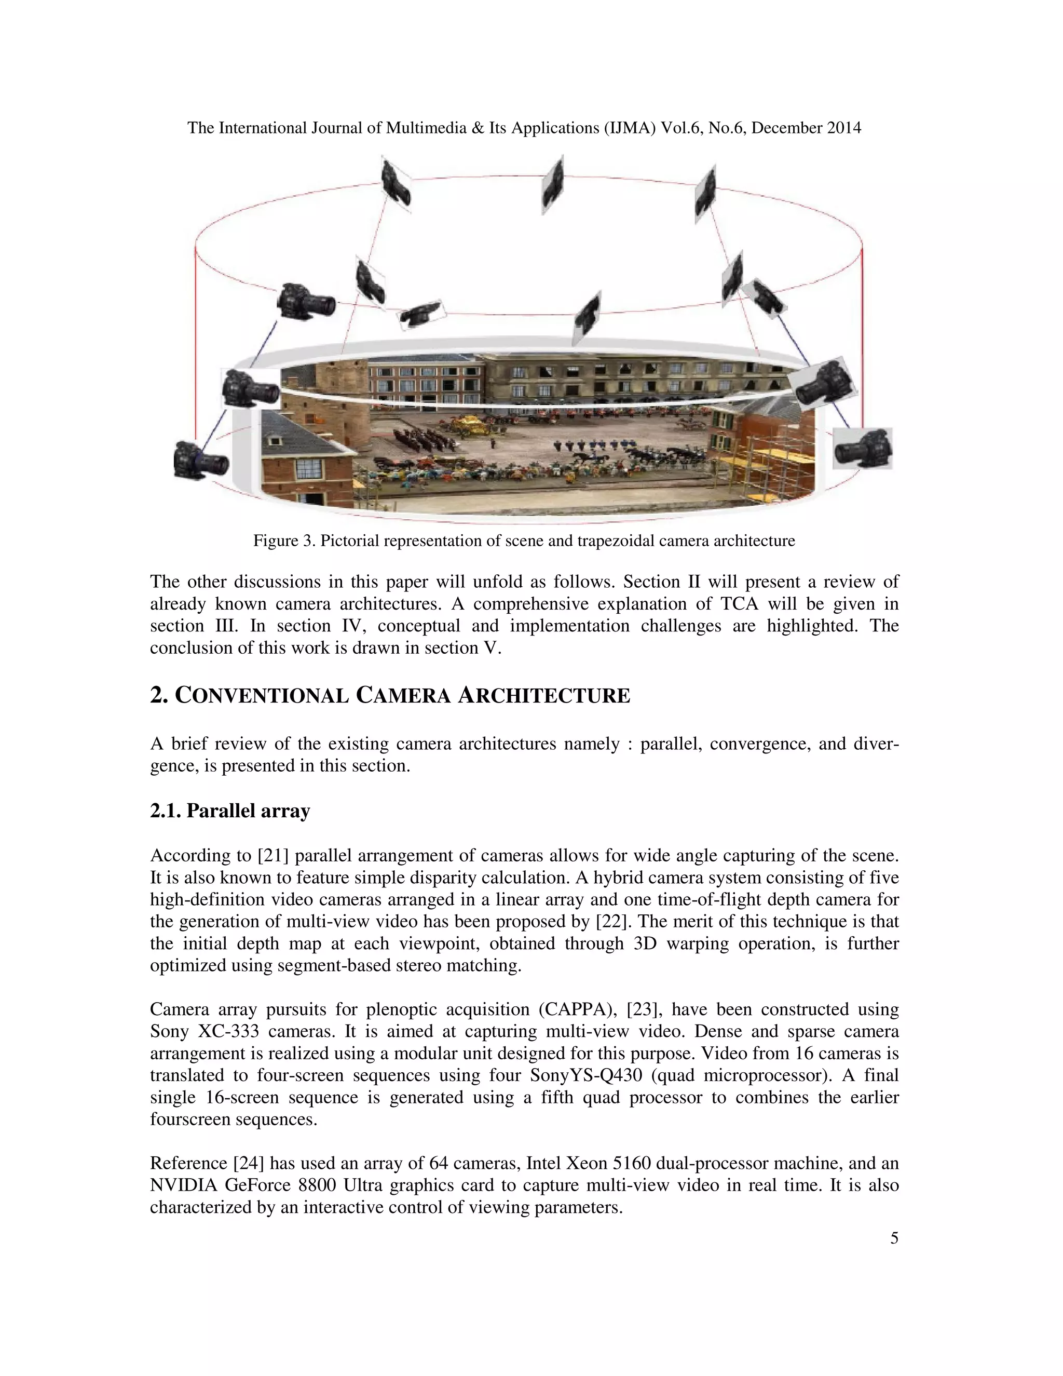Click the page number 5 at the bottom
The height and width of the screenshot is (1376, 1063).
pos(894,1238)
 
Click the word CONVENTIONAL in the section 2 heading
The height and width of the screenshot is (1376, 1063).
pos(262,696)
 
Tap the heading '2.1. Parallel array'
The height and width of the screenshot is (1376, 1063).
pos(230,810)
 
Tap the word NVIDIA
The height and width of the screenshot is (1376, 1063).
pos(183,1185)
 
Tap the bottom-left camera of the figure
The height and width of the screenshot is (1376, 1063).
pos(200,460)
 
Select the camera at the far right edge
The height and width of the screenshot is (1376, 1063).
pos(863,448)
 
